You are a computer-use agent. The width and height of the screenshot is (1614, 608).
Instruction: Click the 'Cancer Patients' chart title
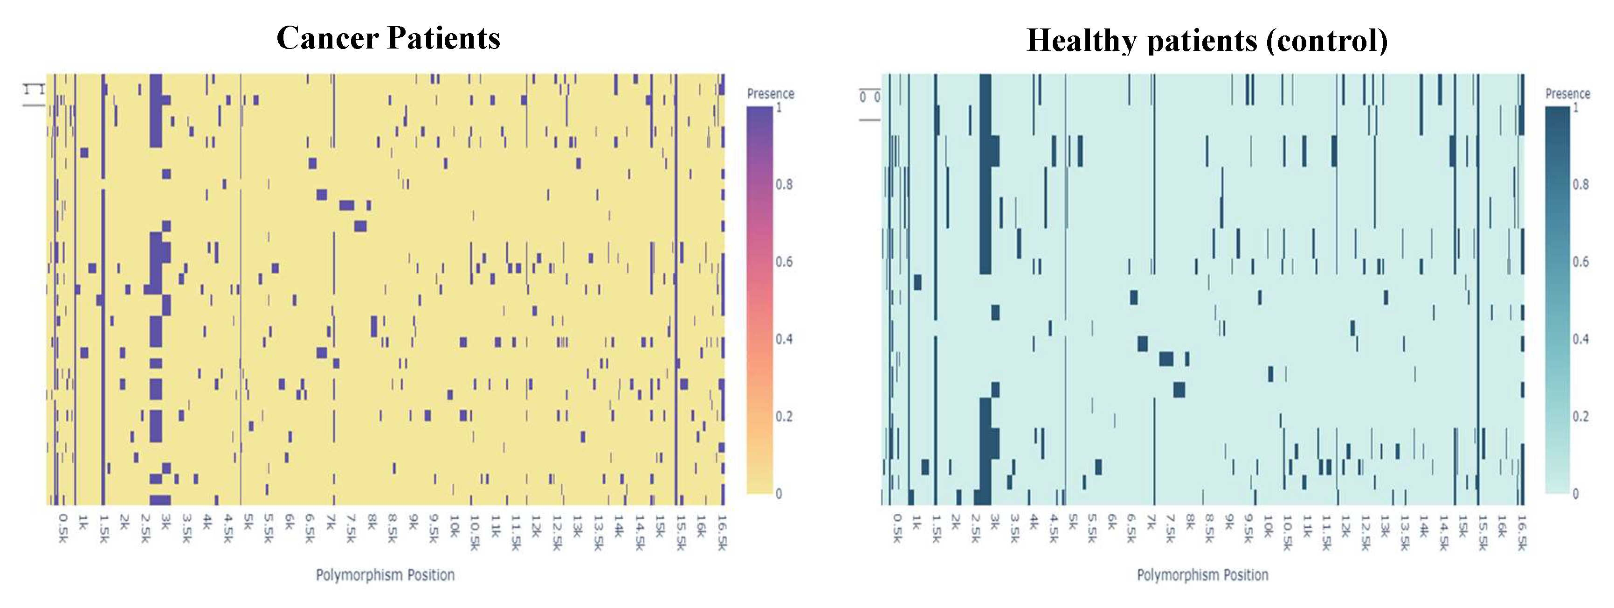tap(388, 38)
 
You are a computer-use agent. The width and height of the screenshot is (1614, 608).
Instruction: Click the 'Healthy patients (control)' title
tap(1207, 41)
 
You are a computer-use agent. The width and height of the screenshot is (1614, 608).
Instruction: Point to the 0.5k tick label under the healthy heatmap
tap(897, 528)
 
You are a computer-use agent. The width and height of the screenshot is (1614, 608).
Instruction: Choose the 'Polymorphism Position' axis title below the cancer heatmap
tap(385, 575)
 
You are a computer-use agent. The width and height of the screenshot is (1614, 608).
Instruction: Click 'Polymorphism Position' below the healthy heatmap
tap(1202, 575)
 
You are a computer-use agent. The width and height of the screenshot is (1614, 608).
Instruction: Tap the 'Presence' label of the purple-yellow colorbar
tap(770, 94)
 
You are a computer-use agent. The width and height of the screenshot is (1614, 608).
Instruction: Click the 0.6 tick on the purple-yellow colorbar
tap(784, 262)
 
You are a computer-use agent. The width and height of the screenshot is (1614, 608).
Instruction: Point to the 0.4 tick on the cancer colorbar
tap(784, 339)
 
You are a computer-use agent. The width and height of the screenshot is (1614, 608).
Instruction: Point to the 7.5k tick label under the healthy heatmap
tap(1170, 528)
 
